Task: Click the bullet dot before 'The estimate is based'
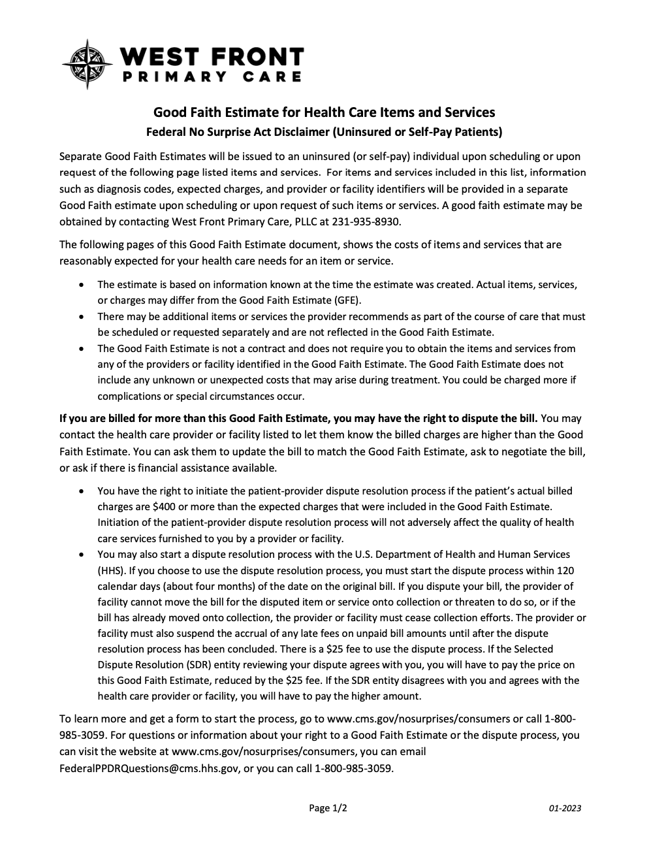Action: pyautogui.click(x=81, y=285)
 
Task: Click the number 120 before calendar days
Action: pyautogui.click(x=565, y=570)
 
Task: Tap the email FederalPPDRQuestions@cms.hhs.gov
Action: pyautogui.click(x=149, y=768)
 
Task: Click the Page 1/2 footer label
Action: pyautogui.click(x=328, y=808)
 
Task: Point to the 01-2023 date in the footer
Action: pyautogui.click(x=565, y=808)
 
